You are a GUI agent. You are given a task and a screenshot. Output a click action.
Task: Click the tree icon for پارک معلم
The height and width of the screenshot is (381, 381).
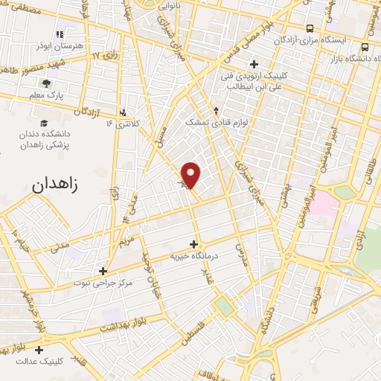tap(46, 84)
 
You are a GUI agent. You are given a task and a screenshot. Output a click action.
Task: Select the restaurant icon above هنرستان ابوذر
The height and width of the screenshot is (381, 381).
tap(60, 34)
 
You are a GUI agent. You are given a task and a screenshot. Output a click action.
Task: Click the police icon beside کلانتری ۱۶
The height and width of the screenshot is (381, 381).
tap(124, 113)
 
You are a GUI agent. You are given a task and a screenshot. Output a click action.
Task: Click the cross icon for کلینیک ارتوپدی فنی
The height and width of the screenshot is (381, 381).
tap(255, 64)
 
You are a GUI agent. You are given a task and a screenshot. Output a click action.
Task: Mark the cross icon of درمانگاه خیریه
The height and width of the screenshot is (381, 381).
tap(194, 243)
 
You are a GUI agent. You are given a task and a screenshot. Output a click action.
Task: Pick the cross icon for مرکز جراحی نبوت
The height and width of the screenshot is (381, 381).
tap(103, 271)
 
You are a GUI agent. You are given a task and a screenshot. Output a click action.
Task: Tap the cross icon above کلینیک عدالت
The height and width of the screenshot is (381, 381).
tap(39, 350)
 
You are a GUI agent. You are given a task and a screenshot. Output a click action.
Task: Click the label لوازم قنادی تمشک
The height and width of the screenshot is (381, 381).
tap(216, 121)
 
